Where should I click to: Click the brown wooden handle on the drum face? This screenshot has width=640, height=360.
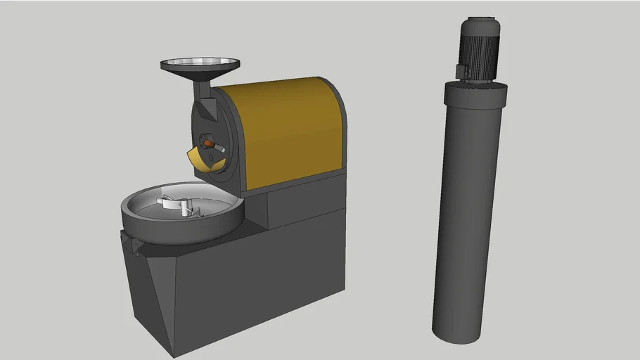tap(209, 143)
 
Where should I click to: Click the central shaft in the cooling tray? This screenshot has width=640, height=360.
tap(184, 207)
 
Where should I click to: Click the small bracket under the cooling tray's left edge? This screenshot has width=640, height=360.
tap(132, 243)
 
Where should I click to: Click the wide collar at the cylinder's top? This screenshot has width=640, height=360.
tap(475, 91)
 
